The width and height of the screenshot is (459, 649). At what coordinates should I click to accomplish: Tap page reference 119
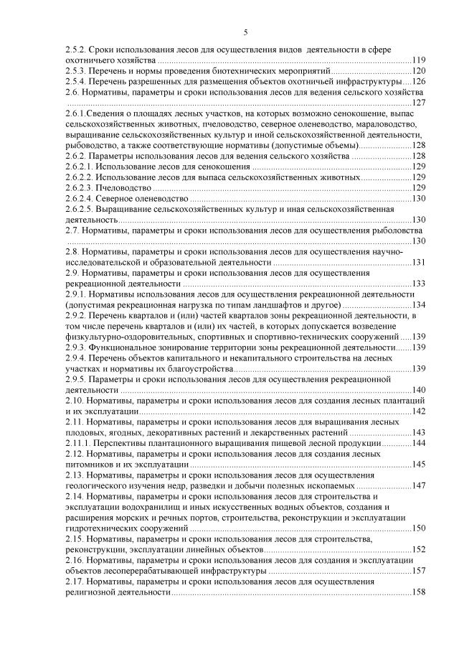pyautogui.click(x=419, y=60)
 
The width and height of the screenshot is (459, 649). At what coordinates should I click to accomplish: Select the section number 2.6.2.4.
pyautogui.click(x=79, y=198)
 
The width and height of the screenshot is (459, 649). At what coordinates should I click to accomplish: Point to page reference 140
pyautogui.click(x=419, y=389)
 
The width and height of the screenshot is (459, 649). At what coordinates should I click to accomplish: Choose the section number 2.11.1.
pyautogui.click(x=77, y=442)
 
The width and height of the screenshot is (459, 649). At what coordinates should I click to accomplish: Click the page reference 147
pyautogui.click(x=419, y=485)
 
